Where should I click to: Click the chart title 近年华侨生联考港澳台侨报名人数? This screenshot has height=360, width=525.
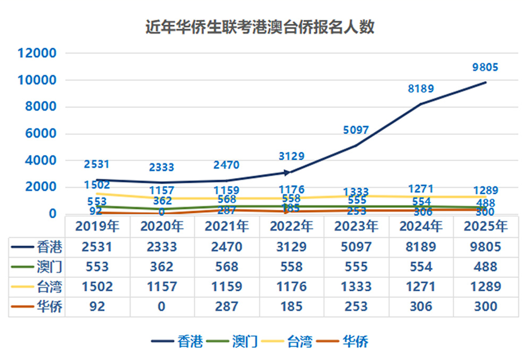260,28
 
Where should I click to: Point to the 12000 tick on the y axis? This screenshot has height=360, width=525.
37,53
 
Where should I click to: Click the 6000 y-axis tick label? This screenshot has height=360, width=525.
40,133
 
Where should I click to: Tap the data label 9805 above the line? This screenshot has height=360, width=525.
485,68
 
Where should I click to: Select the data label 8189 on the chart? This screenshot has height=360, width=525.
421,89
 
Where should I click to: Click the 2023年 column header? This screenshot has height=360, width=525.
356,227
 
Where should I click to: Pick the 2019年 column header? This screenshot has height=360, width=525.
97,227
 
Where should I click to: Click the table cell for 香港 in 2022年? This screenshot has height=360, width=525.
292,247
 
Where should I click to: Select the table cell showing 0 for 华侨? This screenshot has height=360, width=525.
162,307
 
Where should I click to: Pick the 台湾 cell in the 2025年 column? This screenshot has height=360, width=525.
485,286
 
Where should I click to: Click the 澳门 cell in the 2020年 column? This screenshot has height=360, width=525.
162,267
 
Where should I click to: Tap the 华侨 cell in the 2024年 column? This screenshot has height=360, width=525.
421,307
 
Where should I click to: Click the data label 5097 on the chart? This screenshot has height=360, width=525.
356,130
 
